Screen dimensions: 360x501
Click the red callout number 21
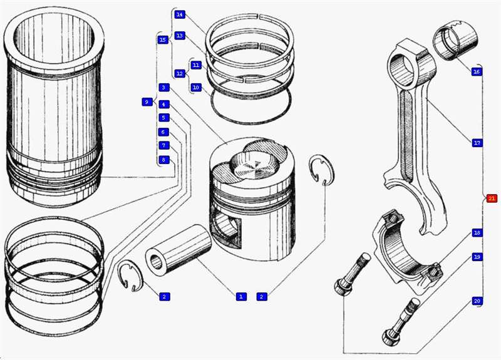[491, 198]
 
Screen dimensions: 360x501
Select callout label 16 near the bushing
[477, 72]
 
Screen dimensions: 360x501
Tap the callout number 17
[477, 143]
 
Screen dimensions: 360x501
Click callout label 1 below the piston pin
[240, 296]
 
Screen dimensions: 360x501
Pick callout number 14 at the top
[180, 14]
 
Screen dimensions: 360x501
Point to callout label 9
[147, 101]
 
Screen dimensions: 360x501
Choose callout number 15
[163, 40]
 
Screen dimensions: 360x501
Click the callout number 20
[477, 301]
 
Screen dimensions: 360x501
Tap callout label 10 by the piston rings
[195, 88]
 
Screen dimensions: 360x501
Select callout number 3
[163, 88]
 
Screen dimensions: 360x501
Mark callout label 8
[163, 160]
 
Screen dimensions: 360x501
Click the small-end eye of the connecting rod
[401, 65]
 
